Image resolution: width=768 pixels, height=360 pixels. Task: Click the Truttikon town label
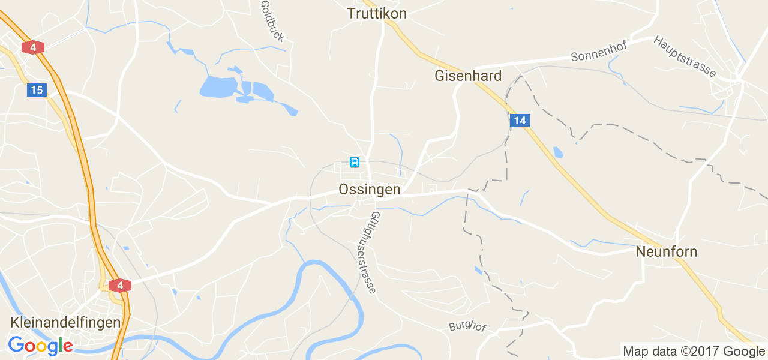point(377,13)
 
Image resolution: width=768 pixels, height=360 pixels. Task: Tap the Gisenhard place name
point(468,76)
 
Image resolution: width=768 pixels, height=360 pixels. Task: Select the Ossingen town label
point(369,190)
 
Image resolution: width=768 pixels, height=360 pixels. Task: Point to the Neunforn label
point(667,252)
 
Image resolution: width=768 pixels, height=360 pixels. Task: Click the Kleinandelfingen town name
point(65,322)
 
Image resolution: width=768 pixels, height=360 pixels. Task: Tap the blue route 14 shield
point(520,121)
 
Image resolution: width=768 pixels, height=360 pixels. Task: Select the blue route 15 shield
point(37,90)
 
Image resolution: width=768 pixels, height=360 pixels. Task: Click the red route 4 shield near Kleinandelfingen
point(120,286)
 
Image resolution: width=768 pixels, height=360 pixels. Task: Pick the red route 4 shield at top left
point(33,47)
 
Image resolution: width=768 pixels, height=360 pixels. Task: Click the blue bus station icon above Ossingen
point(355,162)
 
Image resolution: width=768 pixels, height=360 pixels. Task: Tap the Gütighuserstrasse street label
point(373,252)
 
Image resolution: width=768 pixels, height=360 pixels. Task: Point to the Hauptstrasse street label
point(685,56)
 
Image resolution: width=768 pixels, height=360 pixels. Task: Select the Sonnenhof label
point(599,52)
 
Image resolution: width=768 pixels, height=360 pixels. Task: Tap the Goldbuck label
point(272,21)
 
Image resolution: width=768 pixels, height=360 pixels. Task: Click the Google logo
point(40,346)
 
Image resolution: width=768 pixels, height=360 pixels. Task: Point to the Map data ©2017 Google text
point(694,352)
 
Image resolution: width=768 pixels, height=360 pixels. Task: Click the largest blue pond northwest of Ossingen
point(219,87)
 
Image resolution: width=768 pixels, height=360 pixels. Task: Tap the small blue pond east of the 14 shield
point(558,152)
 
